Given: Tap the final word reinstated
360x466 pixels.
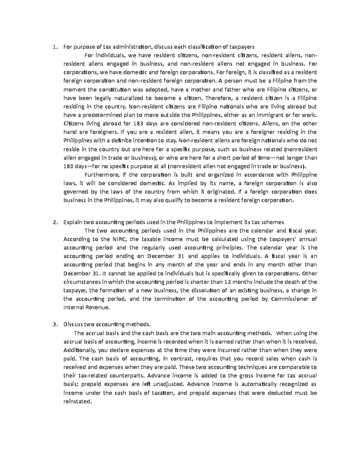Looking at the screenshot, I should [77, 401].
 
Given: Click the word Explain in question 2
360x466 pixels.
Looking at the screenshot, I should [72, 222].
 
